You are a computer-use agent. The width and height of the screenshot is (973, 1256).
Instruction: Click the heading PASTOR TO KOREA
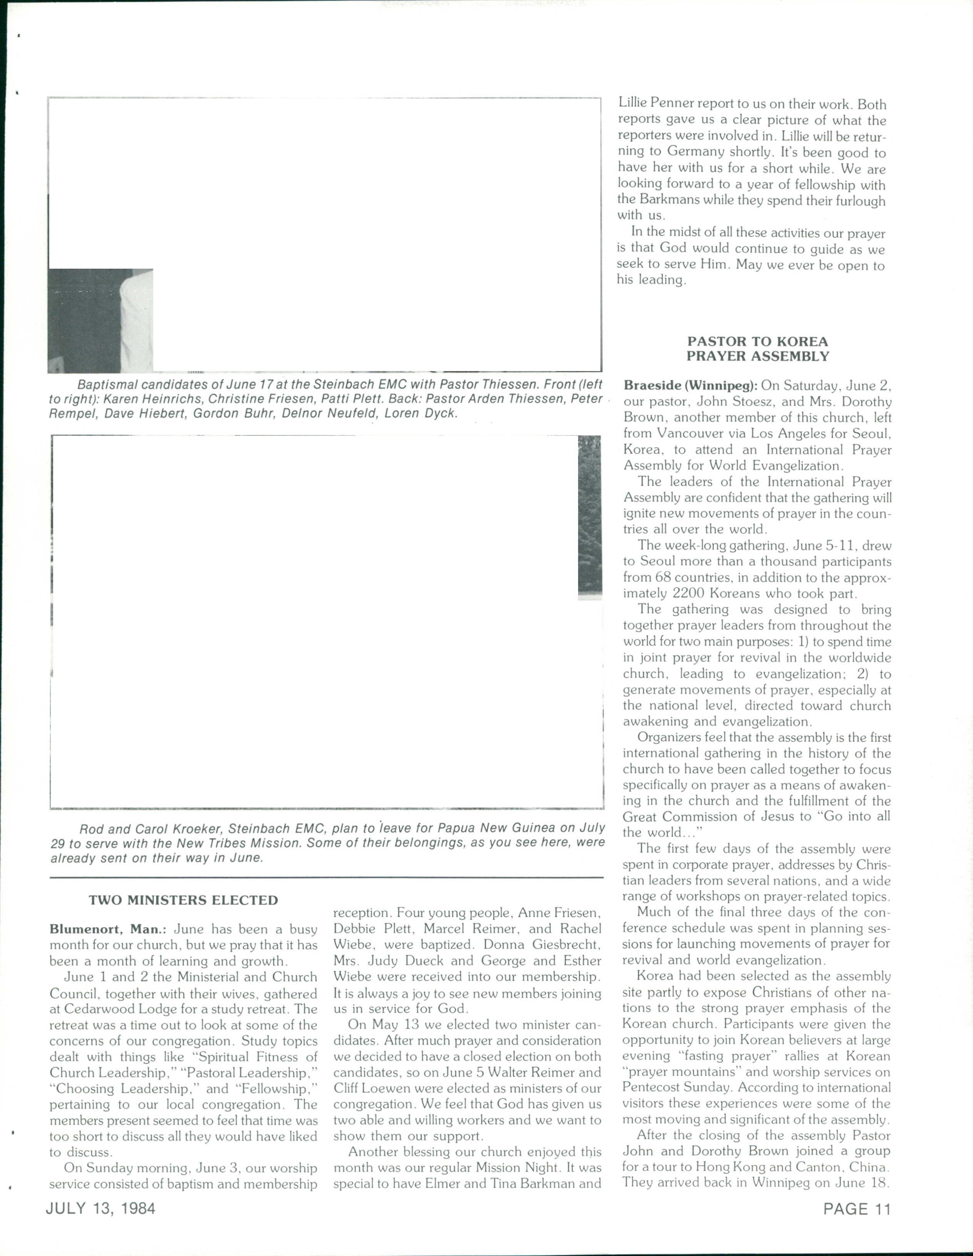(x=757, y=341)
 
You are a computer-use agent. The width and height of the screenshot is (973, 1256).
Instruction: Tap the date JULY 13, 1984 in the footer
(x=100, y=1208)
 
